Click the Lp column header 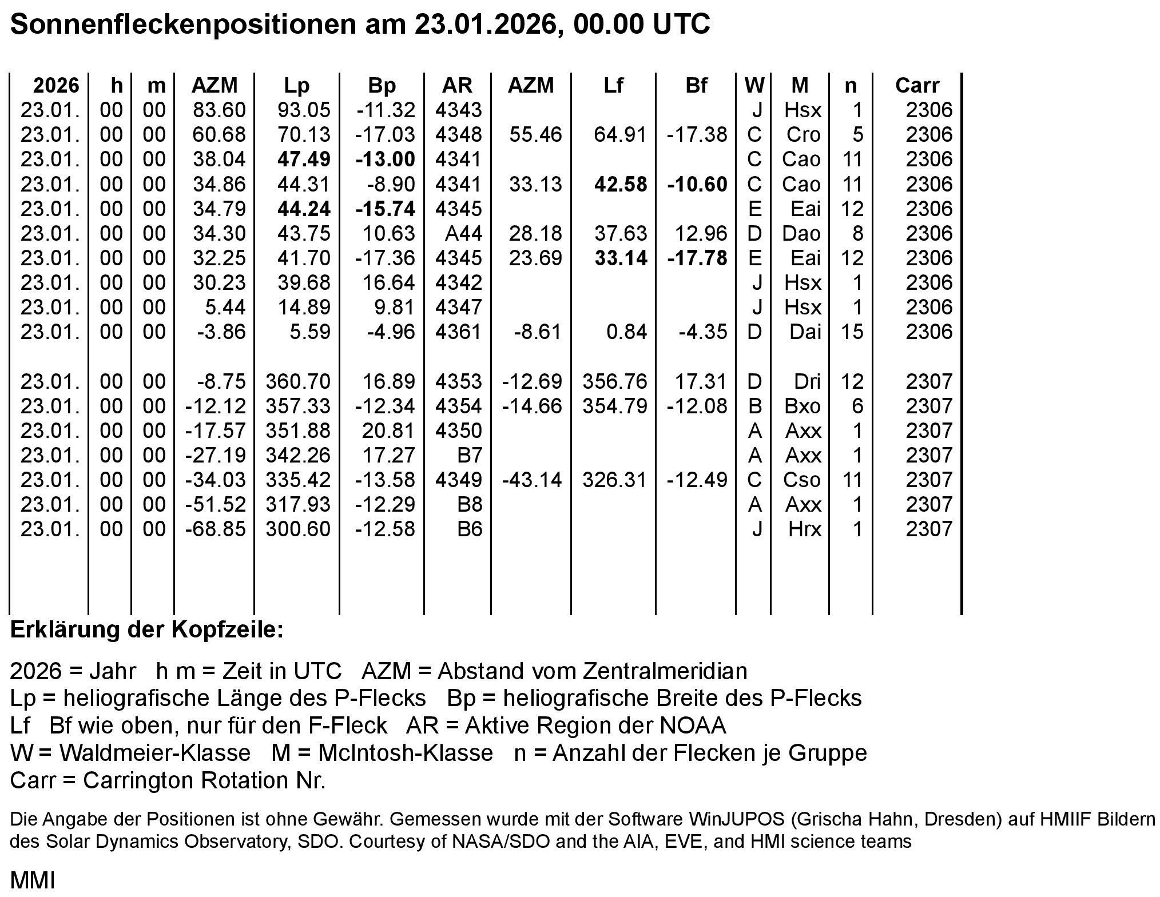[296, 85]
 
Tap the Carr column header [917, 85]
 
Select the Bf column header [696, 85]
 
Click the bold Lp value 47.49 [304, 159]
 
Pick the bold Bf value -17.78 [697, 258]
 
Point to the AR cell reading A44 [463, 233]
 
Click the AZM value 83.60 [219, 110]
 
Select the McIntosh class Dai [805, 332]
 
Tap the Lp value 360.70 [297, 381]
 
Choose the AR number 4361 [458, 332]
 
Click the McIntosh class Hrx [804, 529]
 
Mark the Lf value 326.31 [614, 480]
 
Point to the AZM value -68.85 [215, 529]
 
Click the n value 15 [852, 332]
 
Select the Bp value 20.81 [388, 430]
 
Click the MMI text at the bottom [33, 881]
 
